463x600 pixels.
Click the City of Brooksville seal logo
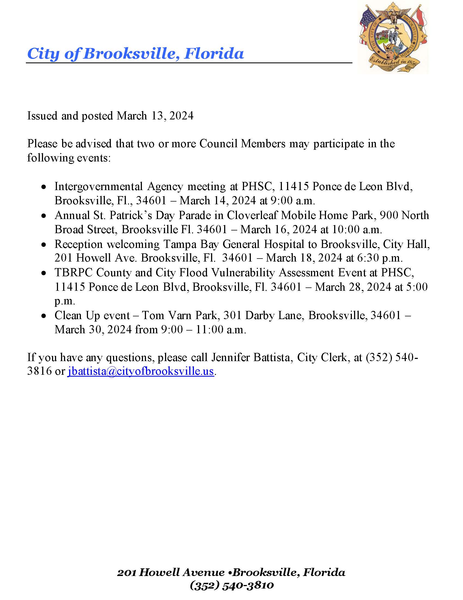click(x=393, y=39)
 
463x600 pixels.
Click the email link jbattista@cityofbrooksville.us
click(x=141, y=371)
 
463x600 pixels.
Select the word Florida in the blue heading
click(x=214, y=53)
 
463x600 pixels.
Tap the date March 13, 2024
click(x=155, y=116)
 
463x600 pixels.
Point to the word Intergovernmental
click(x=99, y=187)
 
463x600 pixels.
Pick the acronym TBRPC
click(x=74, y=272)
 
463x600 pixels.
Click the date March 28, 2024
click(x=353, y=287)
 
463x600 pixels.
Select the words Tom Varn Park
click(x=179, y=315)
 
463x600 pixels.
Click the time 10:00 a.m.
click(x=357, y=229)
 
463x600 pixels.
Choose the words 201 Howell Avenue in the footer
click(x=170, y=572)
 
